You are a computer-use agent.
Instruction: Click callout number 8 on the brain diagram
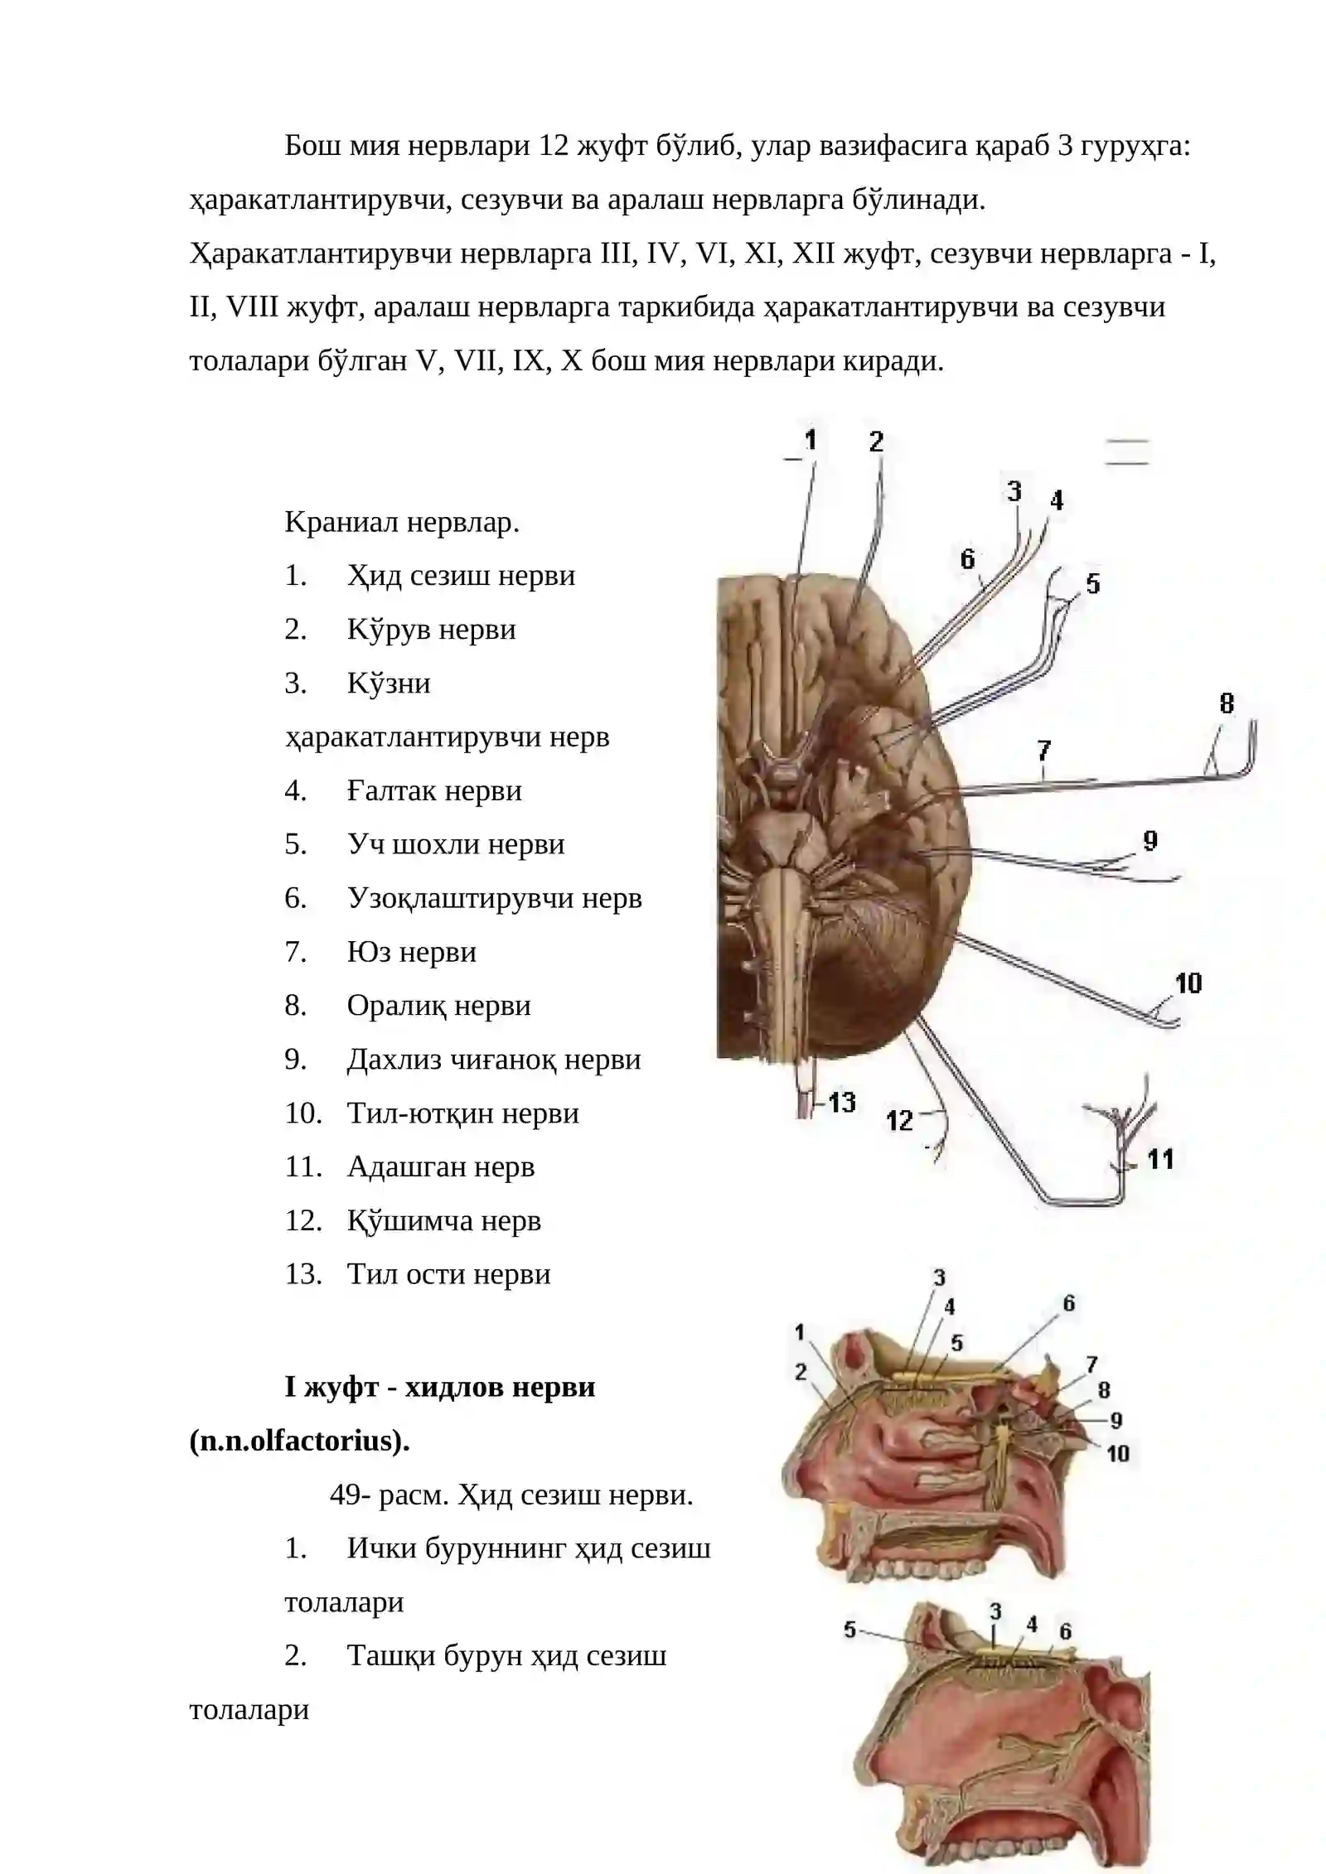(1227, 704)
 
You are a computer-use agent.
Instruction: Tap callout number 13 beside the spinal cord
(841, 1103)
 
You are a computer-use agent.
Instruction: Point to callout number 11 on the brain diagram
(1160, 1159)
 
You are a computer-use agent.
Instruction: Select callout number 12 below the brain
(899, 1121)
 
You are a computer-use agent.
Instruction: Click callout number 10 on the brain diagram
(1188, 983)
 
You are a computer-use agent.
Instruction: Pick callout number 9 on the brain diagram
(1150, 841)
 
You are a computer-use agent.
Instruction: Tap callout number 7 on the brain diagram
(1044, 751)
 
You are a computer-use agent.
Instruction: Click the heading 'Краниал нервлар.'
(402, 523)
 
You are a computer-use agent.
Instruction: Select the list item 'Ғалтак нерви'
(434, 791)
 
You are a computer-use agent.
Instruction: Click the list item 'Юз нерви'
(412, 952)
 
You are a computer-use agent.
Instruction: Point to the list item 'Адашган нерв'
(441, 1167)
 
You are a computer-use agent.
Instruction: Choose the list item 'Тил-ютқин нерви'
(462, 1113)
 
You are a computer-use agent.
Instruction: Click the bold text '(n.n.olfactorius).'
(300, 1441)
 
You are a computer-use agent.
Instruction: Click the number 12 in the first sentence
(553, 146)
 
